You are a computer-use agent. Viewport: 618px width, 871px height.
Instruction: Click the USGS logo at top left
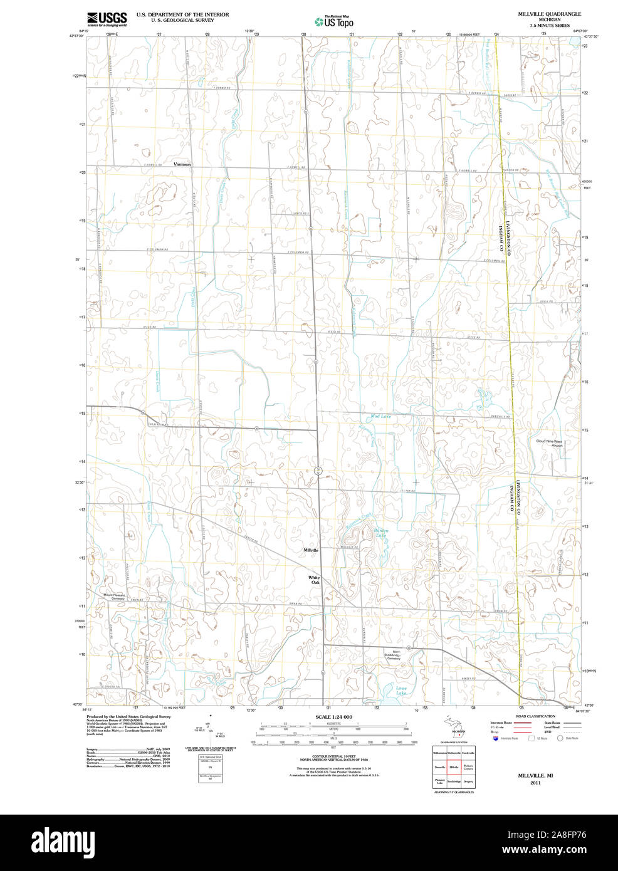click(107, 18)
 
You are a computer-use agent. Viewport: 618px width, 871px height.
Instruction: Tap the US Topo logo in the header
click(335, 21)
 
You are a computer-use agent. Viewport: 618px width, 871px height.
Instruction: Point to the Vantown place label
click(182, 164)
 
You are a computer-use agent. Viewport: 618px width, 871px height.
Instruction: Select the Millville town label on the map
click(311, 550)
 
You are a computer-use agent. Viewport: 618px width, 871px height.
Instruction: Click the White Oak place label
click(314, 580)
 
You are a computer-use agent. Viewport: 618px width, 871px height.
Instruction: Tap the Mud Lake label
click(380, 416)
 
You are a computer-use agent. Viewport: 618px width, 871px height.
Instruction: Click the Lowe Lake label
click(401, 691)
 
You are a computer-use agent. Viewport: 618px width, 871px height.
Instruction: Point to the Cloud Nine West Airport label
click(549, 443)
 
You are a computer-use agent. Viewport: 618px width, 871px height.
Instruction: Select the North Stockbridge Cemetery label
click(393, 655)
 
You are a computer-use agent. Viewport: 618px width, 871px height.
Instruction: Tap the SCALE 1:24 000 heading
click(333, 717)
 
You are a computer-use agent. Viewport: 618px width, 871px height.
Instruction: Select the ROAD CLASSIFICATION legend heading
click(535, 716)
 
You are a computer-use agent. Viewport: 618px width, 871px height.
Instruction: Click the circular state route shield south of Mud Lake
click(318, 469)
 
